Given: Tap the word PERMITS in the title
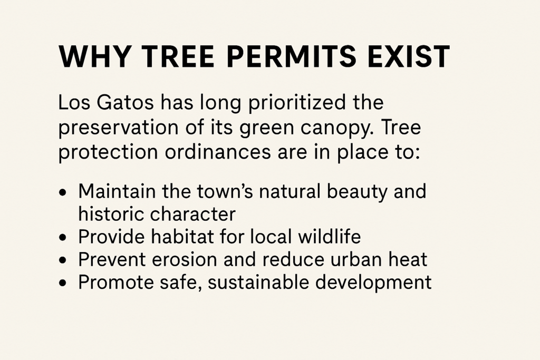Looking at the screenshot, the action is coord(291,56).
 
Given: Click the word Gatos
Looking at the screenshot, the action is coord(124,103).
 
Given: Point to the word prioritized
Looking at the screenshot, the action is coord(296,103).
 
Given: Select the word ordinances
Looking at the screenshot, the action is coord(218,152).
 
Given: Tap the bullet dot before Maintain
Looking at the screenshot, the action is coord(62,192).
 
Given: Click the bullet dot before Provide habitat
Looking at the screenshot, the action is coord(62,238).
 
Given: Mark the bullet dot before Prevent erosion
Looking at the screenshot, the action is coord(62,260).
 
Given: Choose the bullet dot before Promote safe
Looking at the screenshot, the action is coord(62,283).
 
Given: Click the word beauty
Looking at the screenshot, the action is coord(357,192).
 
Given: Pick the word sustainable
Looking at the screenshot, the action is coord(258,283).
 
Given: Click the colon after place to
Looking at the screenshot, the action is coord(417,154).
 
